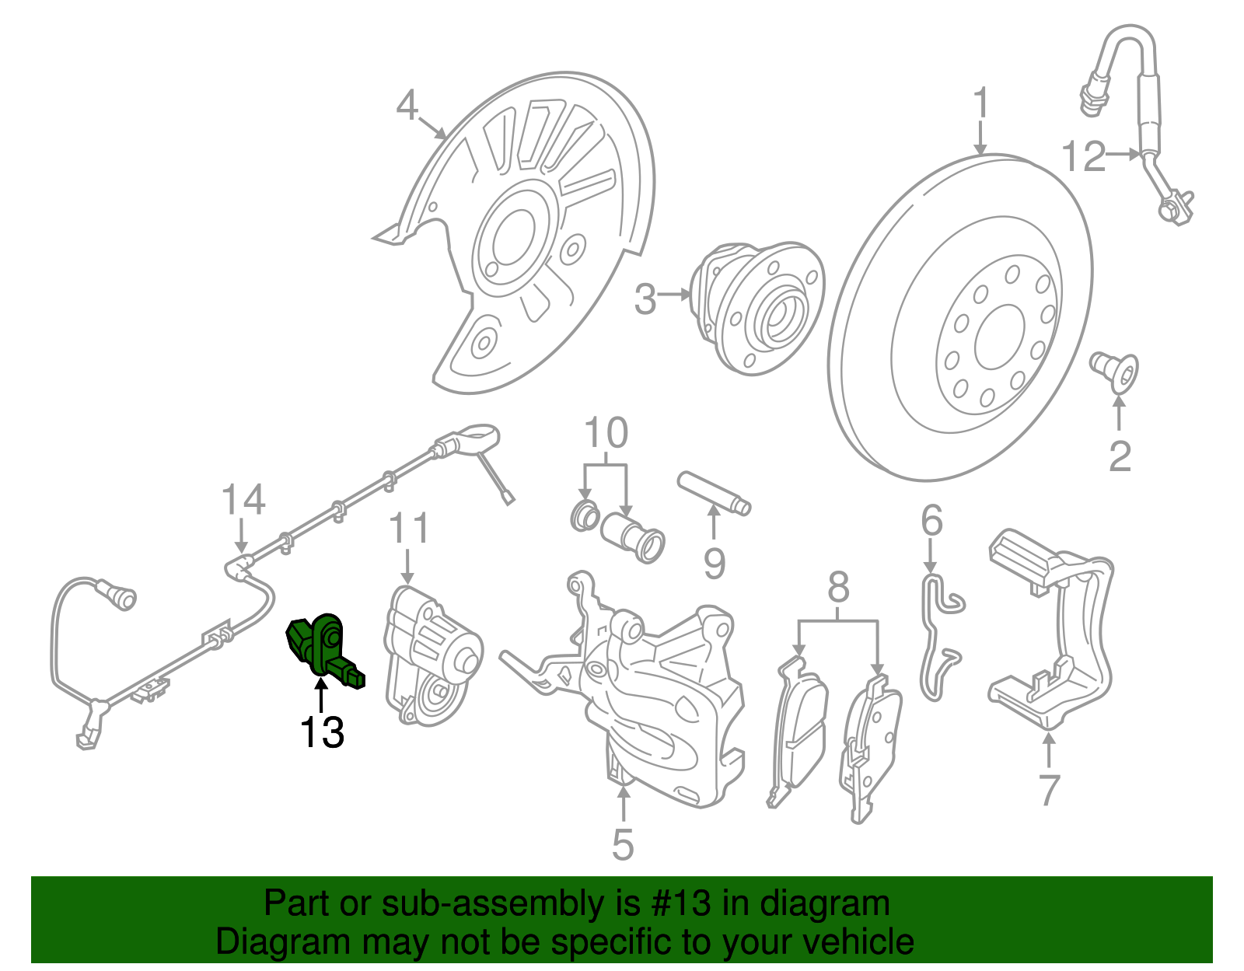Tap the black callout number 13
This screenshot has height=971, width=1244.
[x=322, y=732]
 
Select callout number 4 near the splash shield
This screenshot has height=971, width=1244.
[x=407, y=105]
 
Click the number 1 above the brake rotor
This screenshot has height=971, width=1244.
[x=981, y=103]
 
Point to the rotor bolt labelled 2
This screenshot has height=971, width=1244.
[x=1115, y=372]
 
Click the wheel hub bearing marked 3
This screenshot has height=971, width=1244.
[x=758, y=307]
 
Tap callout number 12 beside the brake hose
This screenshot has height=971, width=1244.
[x=1083, y=156]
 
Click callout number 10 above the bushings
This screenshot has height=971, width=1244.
[x=606, y=433]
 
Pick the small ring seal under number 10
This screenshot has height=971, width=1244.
[x=585, y=516]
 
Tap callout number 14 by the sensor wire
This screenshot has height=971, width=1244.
[x=243, y=500]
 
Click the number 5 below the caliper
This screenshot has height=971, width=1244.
[x=623, y=844]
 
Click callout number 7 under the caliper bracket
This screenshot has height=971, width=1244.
[x=1049, y=790]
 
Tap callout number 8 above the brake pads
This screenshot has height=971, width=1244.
[x=838, y=589]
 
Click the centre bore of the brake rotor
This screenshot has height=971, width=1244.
[x=998, y=337]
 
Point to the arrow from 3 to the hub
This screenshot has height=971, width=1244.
[x=675, y=295]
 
